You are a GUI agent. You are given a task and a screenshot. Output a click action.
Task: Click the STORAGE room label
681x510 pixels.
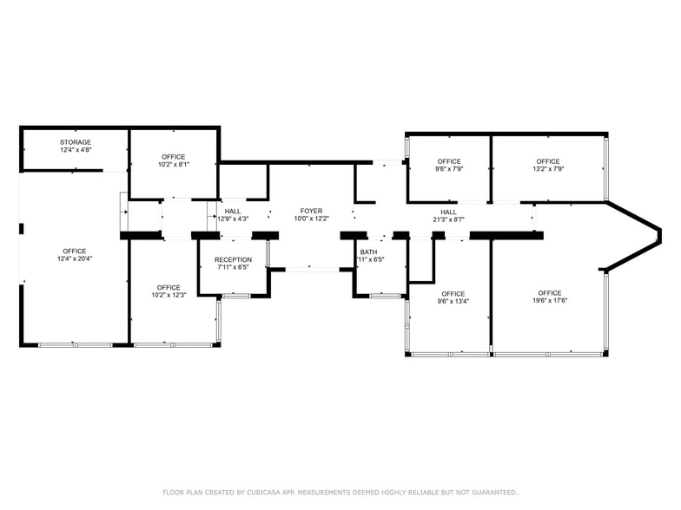(76, 141)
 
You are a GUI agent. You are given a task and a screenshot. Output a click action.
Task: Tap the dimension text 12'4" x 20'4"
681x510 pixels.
(74, 258)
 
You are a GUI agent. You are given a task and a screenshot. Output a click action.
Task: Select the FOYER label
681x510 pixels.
(311, 211)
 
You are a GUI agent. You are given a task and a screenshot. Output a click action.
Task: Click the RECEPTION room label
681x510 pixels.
(233, 259)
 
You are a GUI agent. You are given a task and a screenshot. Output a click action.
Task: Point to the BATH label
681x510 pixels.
(369, 252)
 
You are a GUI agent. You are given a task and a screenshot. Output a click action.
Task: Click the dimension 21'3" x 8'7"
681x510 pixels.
(448, 220)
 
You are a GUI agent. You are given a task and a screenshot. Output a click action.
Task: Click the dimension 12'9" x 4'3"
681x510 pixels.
(233, 219)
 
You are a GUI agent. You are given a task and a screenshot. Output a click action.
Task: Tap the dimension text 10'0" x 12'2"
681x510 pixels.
(311, 219)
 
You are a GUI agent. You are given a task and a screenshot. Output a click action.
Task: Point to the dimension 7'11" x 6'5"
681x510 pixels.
(233, 268)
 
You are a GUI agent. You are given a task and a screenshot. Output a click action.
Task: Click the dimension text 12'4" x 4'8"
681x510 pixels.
(76, 150)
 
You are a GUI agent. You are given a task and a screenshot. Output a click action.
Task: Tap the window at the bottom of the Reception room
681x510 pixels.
(234, 297)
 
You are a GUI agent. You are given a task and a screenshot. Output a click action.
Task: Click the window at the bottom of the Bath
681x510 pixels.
(383, 297)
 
